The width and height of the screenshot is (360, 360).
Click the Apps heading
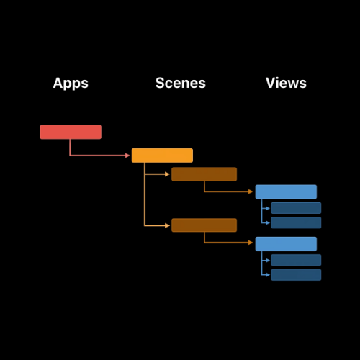pos(71,83)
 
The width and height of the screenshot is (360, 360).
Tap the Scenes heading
pos(180,83)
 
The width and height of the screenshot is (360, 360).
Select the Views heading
pos(286,83)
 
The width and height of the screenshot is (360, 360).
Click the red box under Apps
pos(71,132)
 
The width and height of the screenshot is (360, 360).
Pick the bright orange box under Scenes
pos(162,156)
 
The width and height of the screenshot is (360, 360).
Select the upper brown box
pos(204,174)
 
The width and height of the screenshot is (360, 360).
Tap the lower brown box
pos(204,225)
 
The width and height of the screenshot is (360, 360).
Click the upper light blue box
pos(286,192)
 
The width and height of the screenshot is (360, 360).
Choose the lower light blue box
pos(286,244)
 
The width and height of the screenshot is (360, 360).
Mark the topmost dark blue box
pos(296,208)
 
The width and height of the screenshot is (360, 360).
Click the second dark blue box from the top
pos(296,223)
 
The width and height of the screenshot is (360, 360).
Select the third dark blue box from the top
pos(296,260)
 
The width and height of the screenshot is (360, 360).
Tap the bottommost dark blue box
pos(296,275)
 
